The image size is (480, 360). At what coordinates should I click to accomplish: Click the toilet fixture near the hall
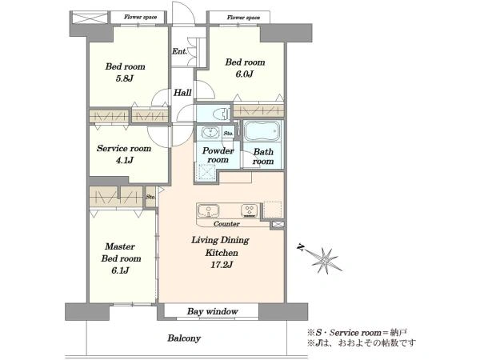(x=222, y=114)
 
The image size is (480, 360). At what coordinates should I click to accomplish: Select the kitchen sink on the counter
(x=208, y=211)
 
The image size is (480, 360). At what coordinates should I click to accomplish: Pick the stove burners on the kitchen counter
(x=250, y=211)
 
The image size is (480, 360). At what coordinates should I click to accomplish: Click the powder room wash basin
(x=210, y=133)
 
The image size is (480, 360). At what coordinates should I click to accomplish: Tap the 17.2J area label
(x=222, y=265)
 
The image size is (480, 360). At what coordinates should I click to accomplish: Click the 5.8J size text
(x=125, y=78)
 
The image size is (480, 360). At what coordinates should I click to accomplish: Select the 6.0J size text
(x=244, y=74)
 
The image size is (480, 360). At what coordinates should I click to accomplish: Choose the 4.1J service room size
(x=124, y=160)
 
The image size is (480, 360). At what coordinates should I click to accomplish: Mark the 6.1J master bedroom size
(x=120, y=270)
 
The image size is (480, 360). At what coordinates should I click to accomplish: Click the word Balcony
(x=184, y=338)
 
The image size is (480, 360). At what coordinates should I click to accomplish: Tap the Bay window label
(x=213, y=312)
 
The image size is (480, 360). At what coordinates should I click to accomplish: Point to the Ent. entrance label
(x=179, y=51)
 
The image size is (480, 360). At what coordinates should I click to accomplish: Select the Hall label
(x=182, y=93)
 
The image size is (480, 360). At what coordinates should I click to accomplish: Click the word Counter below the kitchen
(x=226, y=224)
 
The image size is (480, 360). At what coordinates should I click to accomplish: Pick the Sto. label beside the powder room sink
(x=228, y=134)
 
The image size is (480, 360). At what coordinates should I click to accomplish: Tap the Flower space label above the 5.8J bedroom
(x=140, y=17)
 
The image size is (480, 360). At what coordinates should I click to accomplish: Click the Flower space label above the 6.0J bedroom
(x=243, y=18)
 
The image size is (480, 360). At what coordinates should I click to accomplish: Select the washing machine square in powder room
(x=207, y=172)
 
